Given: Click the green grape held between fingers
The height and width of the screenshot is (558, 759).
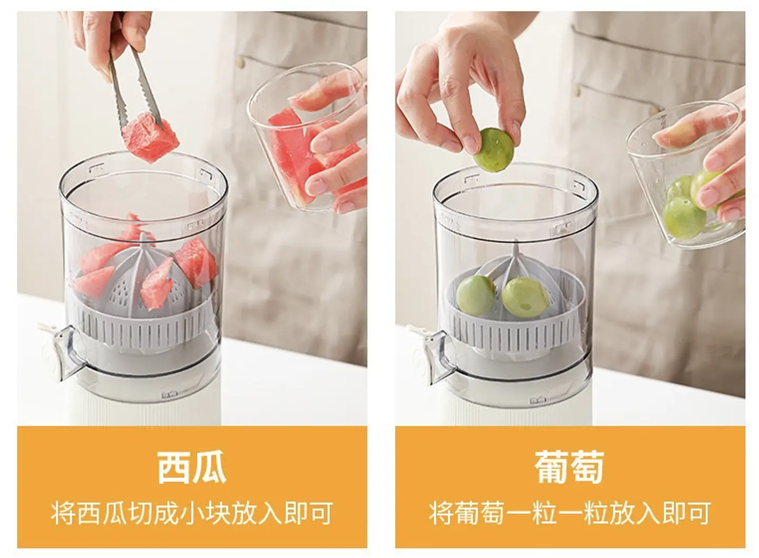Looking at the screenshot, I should pyautogui.click(x=493, y=150).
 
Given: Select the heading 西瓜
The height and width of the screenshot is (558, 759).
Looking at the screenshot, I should pyautogui.click(x=192, y=467).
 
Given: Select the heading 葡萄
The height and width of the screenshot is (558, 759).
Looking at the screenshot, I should pyautogui.click(x=569, y=467).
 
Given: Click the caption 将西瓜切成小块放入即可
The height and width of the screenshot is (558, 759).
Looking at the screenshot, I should pyautogui.click(x=192, y=513).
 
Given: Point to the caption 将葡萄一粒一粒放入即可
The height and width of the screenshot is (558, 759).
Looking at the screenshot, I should pyautogui.click(x=569, y=513).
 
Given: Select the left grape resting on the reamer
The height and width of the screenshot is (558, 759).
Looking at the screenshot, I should pyautogui.click(x=476, y=295).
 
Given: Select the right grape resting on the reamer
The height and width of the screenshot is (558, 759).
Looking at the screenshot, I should pyautogui.click(x=525, y=297).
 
